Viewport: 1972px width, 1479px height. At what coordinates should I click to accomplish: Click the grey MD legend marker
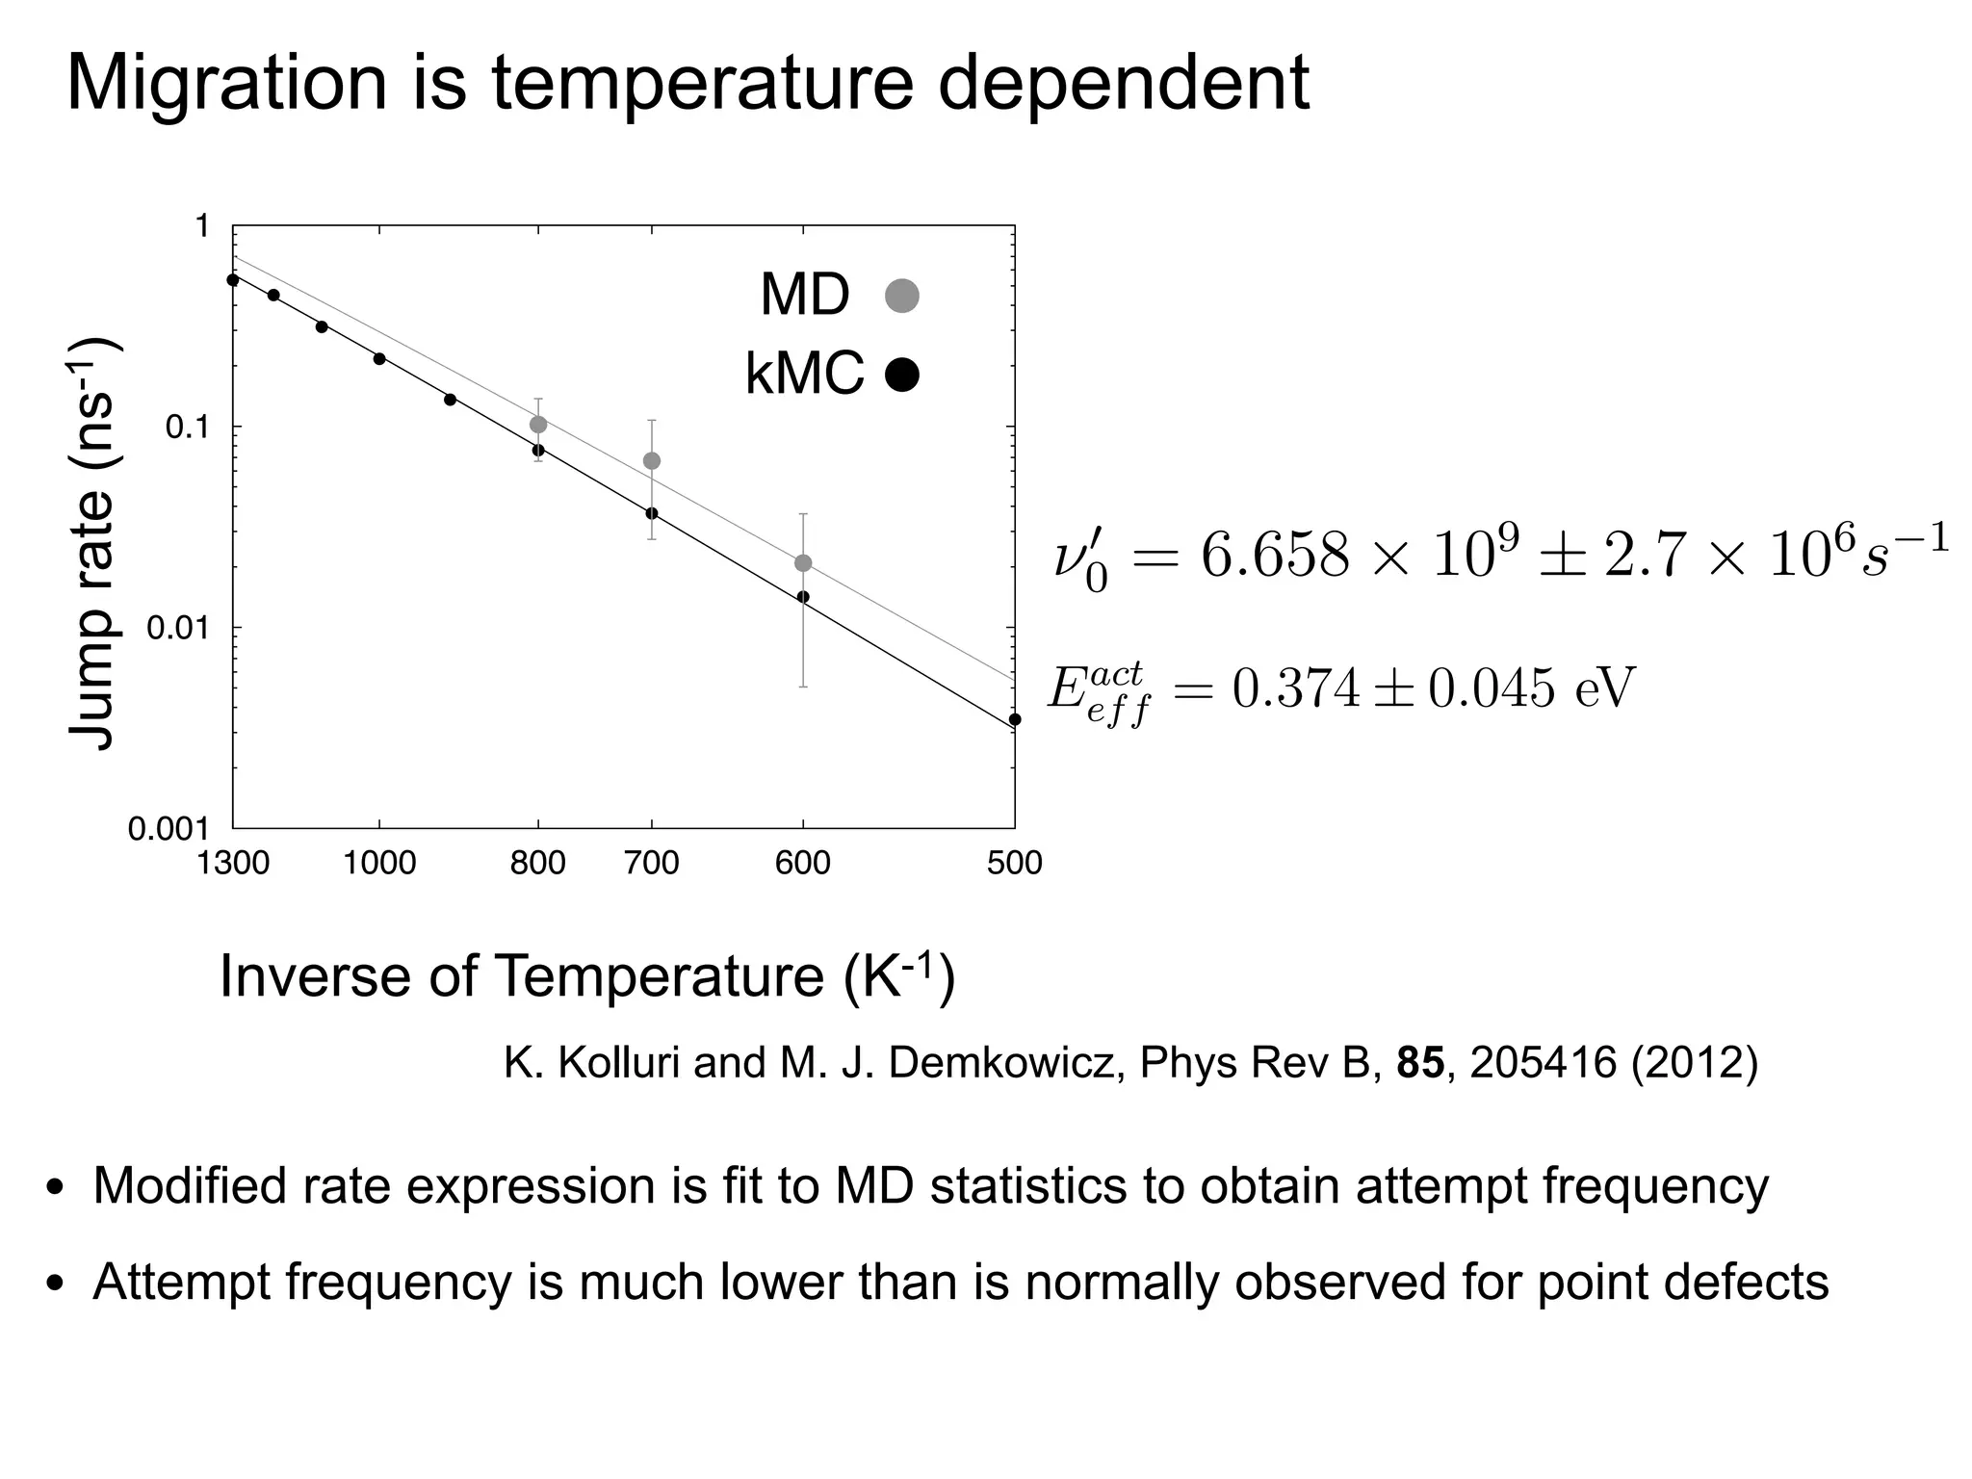click(901, 296)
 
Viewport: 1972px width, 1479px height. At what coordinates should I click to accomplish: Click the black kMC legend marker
click(901, 375)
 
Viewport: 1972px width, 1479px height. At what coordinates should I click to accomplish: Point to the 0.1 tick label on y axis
click(187, 428)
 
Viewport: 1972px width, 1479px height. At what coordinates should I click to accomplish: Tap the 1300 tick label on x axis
click(232, 863)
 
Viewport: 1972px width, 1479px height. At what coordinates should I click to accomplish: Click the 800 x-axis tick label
click(537, 863)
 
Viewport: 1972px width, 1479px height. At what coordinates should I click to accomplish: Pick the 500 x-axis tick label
click(1014, 863)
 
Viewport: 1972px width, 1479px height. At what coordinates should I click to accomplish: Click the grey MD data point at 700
click(652, 461)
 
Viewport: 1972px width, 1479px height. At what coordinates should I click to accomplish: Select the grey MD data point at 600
click(803, 563)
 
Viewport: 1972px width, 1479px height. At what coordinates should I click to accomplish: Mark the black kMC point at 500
click(1014, 719)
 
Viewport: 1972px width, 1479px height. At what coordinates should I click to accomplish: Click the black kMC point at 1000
click(379, 359)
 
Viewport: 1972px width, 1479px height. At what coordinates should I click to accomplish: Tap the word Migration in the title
click(226, 83)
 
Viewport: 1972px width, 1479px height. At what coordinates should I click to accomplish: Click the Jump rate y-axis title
click(92, 543)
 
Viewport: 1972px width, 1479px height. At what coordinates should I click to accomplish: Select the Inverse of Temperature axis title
click(587, 976)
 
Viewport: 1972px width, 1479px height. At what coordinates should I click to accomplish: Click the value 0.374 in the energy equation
click(1296, 688)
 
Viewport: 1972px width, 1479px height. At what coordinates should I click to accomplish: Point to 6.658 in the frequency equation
click(1274, 557)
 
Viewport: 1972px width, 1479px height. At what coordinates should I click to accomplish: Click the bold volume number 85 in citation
click(1420, 1062)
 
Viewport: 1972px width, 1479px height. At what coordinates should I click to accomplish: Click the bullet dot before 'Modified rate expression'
click(56, 1188)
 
